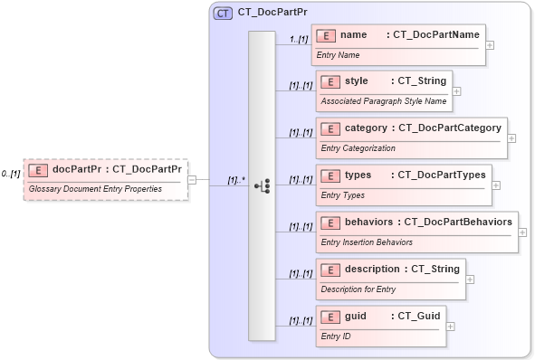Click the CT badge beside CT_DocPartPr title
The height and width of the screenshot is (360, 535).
pos(222,14)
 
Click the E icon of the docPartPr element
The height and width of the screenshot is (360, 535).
pos(38,169)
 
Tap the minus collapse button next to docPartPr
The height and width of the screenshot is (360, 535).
pos(193,179)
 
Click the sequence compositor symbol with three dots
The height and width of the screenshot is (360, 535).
pos(262,185)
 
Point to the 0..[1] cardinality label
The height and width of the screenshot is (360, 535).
pos(11,174)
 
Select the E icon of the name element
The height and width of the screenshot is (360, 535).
pos(326,34)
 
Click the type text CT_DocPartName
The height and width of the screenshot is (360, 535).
pos(432,34)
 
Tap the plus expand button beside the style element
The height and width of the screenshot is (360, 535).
pos(457,90)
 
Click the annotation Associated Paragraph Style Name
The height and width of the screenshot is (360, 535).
pos(384,101)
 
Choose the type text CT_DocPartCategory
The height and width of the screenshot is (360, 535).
pos(450,128)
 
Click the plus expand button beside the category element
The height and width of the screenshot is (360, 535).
pos(511,138)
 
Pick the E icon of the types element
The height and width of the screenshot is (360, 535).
pos(330,175)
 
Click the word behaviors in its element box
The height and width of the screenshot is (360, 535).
pos(368,222)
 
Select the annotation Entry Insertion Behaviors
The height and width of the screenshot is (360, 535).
pos(367,242)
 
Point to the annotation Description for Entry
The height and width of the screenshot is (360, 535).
pos(358,289)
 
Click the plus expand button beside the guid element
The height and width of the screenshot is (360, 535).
pos(451,326)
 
